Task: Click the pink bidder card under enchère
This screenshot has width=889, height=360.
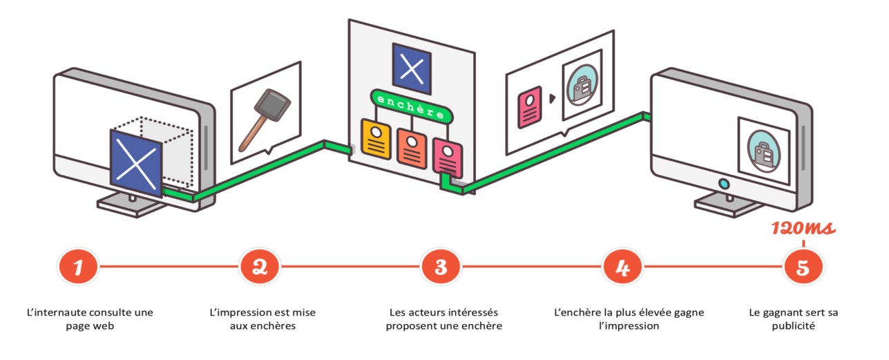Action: (447, 155)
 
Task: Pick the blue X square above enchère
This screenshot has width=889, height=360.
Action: (412, 69)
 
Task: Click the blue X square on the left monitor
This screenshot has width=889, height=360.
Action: (135, 163)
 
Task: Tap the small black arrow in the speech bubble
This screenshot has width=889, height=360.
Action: (552, 99)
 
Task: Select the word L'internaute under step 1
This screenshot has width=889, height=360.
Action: (54, 312)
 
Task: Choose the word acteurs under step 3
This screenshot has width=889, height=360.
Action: (426, 312)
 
